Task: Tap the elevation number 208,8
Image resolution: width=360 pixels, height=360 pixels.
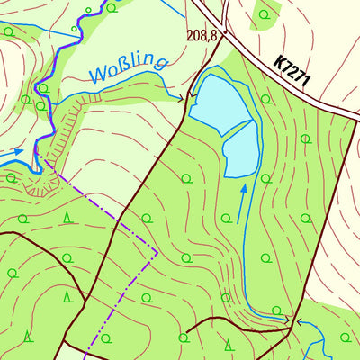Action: pos(202,36)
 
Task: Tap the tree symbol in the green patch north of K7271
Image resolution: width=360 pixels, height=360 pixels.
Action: pos(265,13)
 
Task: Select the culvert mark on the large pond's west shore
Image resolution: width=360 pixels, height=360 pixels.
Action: pos(190,98)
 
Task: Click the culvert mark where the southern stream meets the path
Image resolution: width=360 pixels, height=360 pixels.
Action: pos(290,319)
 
